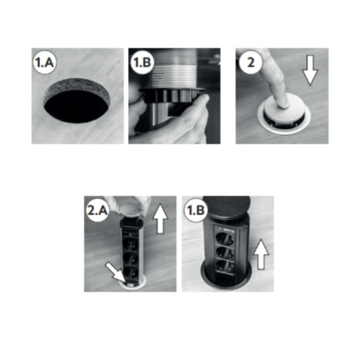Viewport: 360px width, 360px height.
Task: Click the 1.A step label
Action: tap(45, 62)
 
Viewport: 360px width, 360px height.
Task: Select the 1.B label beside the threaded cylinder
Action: tap(142, 62)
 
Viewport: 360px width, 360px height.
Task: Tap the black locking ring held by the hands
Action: tap(173, 96)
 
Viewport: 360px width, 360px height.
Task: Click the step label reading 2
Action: tap(251, 62)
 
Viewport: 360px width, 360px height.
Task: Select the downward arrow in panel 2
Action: tap(310, 70)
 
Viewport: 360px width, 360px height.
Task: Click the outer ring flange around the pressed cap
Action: tap(284, 128)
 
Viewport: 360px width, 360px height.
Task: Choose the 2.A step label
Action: tap(97, 210)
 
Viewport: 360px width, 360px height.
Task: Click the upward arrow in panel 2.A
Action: tap(160, 219)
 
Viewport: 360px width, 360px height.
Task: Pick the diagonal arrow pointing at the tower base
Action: tap(116, 273)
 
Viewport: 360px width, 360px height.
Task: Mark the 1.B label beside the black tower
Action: tap(196, 210)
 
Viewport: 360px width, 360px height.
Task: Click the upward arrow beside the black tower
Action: tap(261, 254)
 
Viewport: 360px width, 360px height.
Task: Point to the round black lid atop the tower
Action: tap(226, 207)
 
